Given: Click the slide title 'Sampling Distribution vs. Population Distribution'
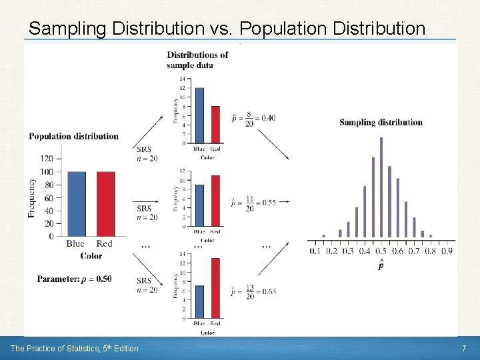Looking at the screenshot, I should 227,28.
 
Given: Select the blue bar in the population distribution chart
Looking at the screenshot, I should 75,203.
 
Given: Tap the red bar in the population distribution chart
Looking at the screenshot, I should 105,203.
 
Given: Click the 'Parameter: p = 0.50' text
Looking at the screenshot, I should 74,279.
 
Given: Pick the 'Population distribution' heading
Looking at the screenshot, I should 73,136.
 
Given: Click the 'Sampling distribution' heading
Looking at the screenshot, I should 381,122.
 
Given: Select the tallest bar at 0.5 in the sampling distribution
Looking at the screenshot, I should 381,187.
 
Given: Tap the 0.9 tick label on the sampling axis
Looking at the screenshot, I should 446,251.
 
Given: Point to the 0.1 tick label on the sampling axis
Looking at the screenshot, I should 315,251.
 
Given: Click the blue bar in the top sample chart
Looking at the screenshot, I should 199,115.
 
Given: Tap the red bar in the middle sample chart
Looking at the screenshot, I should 215,201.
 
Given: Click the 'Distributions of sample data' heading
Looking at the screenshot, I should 197,59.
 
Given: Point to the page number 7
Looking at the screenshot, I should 463,349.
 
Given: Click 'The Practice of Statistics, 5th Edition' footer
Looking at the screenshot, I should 74,348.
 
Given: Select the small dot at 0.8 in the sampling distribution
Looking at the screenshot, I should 430,235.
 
